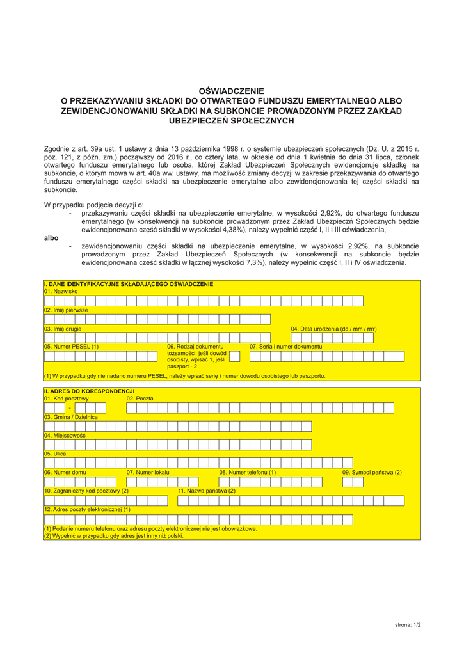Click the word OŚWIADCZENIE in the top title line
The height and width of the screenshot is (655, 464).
click(232, 91)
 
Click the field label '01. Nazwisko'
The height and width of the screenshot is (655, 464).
click(61, 291)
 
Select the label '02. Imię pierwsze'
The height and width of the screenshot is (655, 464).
click(66, 310)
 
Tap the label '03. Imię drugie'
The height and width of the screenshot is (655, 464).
click(63, 329)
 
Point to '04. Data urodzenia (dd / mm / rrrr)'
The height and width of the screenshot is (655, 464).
click(333, 329)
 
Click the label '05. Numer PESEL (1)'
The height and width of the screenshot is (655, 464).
click(71, 347)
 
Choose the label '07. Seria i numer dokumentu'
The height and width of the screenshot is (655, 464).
click(285, 347)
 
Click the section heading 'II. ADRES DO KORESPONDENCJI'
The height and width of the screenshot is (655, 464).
click(88, 390)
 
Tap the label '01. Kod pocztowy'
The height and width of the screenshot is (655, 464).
click(67, 399)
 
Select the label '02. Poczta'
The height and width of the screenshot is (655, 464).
click(140, 399)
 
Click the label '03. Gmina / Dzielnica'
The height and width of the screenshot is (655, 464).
click(71, 417)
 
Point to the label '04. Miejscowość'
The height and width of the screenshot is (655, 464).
click(65, 436)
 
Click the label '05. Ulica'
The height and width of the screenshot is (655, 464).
click(55, 454)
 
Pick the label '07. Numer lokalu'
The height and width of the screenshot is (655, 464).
click(148, 472)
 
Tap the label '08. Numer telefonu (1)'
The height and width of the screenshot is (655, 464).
click(248, 472)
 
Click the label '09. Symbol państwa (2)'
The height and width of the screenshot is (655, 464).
click(372, 472)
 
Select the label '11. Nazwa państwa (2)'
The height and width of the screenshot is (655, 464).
click(207, 491)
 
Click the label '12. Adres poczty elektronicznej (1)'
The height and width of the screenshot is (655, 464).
click(87, 509)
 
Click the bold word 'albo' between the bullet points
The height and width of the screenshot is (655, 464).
click(51, 237)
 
